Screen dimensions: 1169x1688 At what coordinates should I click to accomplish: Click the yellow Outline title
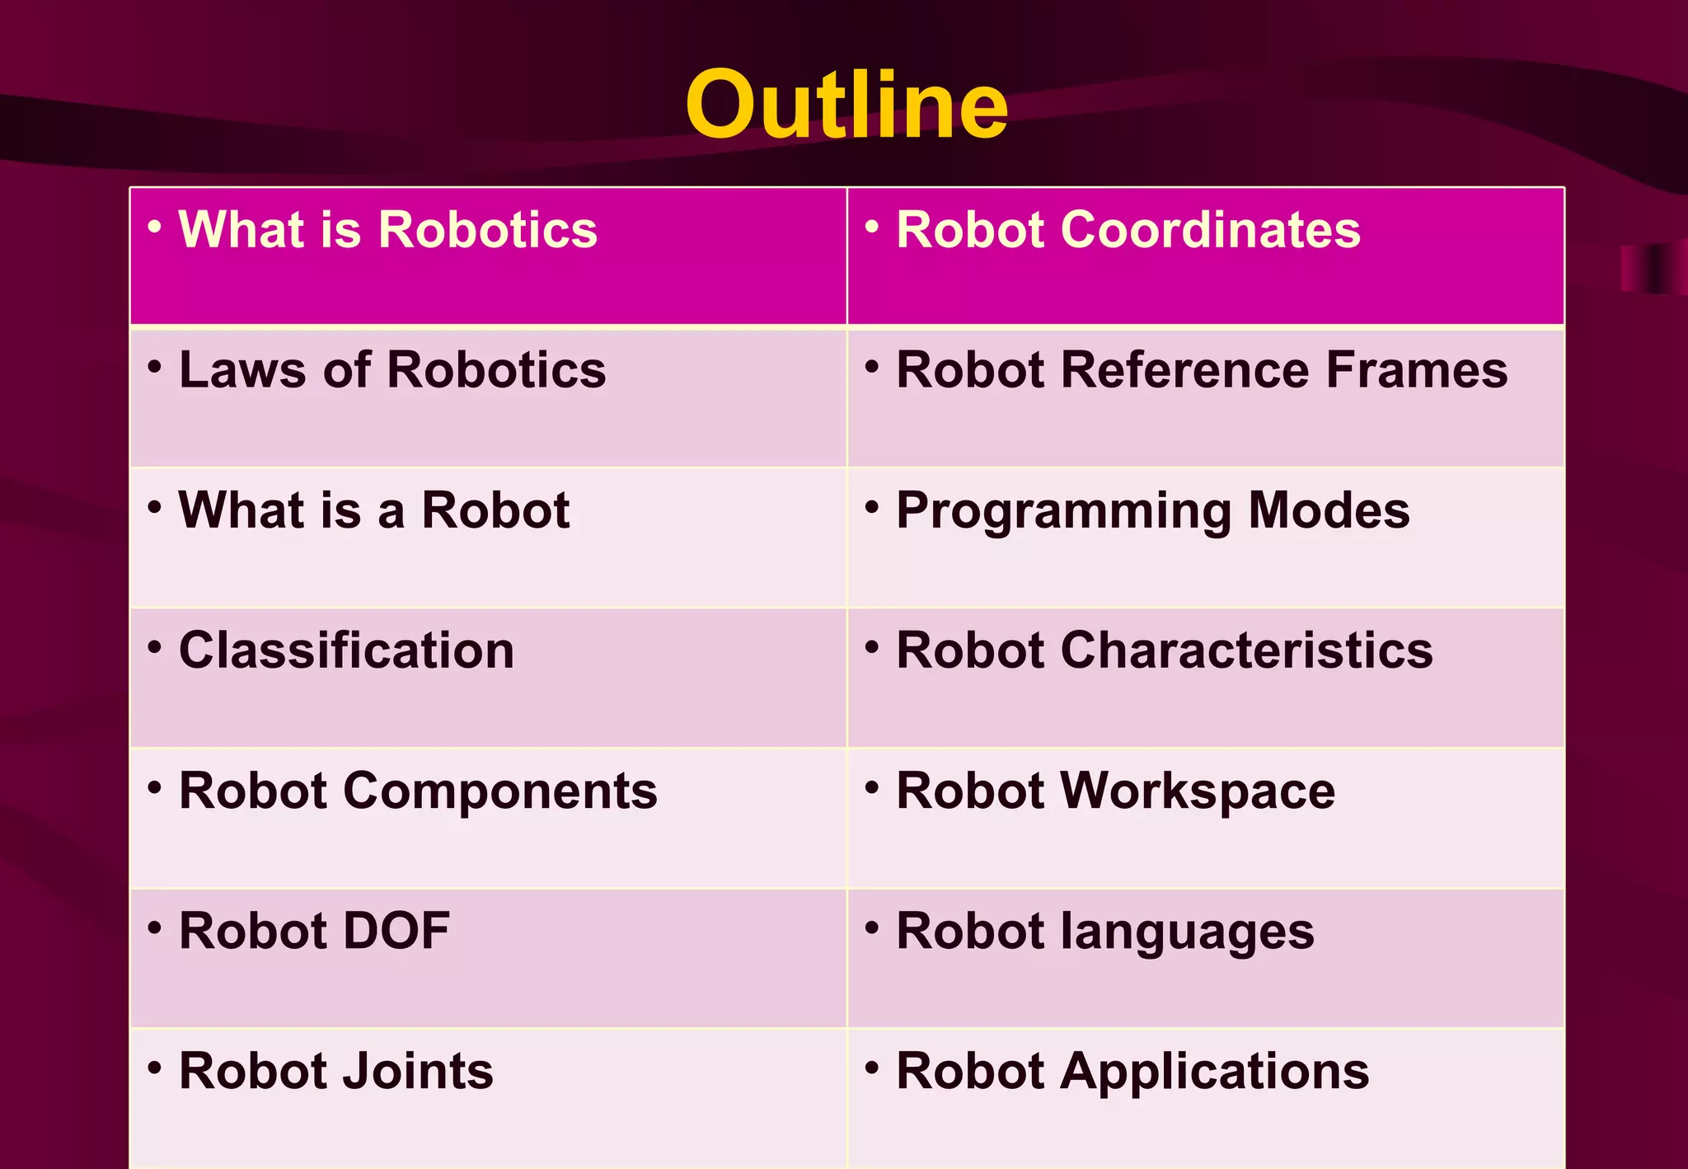pos(846,106)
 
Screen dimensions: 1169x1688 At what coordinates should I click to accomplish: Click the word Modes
pos(1329,510)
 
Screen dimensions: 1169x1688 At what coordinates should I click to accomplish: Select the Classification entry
pos(346,650)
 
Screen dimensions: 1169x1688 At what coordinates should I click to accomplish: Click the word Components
pos(500,791)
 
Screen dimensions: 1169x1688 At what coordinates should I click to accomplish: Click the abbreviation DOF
pos(396,932)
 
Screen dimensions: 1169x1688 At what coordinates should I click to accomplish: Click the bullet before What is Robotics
pos(154,225)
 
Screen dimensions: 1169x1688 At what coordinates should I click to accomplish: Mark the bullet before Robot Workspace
pos(871,787)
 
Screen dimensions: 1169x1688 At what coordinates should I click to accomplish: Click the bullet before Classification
pos(154,646)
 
